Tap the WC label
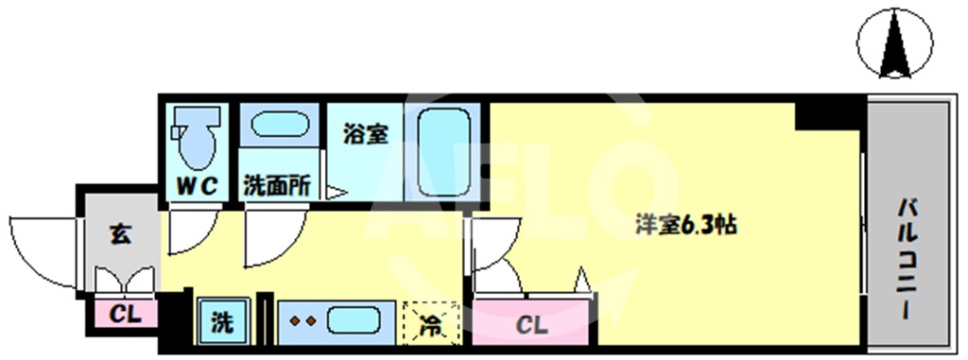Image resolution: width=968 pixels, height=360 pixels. [x=197, y=186]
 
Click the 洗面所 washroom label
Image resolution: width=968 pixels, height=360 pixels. [x=277, y=186]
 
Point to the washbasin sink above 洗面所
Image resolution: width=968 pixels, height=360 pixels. [x=280, y=126]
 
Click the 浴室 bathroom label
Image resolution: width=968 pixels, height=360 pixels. [x=366, y=134]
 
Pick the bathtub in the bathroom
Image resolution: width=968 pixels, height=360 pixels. [x=444, y=152]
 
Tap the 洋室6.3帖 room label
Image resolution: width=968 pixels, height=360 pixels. [x=686, y=226]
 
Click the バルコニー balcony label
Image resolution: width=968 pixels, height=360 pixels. [x=907, y=258]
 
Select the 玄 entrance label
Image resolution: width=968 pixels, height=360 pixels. [x=120, y=234]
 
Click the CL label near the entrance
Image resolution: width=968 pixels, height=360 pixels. [x=126, y=315]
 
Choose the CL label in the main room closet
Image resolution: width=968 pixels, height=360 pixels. [x=531, y=325]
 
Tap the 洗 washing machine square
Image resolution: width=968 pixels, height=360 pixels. [x=223, y=321]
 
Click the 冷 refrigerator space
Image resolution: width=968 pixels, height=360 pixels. [x=431, y=323]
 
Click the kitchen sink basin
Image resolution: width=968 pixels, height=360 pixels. [x=353, y=321]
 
